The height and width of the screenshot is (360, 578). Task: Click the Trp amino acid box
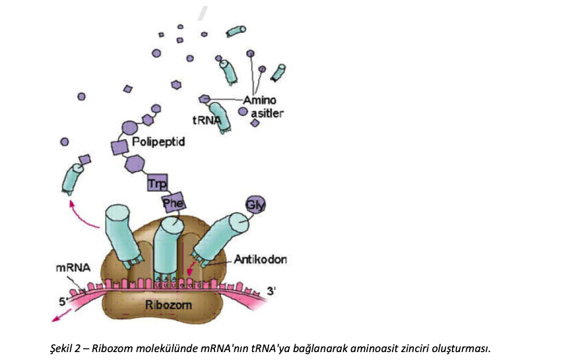(x=157, y=184)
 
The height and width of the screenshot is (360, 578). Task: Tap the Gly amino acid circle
(x=255, y=206)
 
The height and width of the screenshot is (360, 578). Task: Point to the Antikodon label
(x=260, y=260)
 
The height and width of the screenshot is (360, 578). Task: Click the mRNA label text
(x=69, y=268)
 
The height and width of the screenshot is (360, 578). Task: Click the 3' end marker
(x=271, y=290)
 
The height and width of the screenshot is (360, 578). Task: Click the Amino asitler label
(x=263, y=107)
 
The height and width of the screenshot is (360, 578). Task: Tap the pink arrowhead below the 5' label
(x=55, y=320)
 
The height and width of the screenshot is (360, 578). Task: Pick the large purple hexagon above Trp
(x=135, y=163)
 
